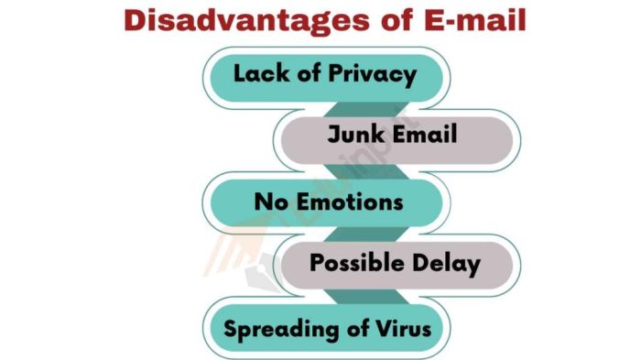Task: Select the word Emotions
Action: click(x=348, y=200)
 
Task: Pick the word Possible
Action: click(x=351, y=264)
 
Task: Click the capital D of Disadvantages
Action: click(x=136, y=20)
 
